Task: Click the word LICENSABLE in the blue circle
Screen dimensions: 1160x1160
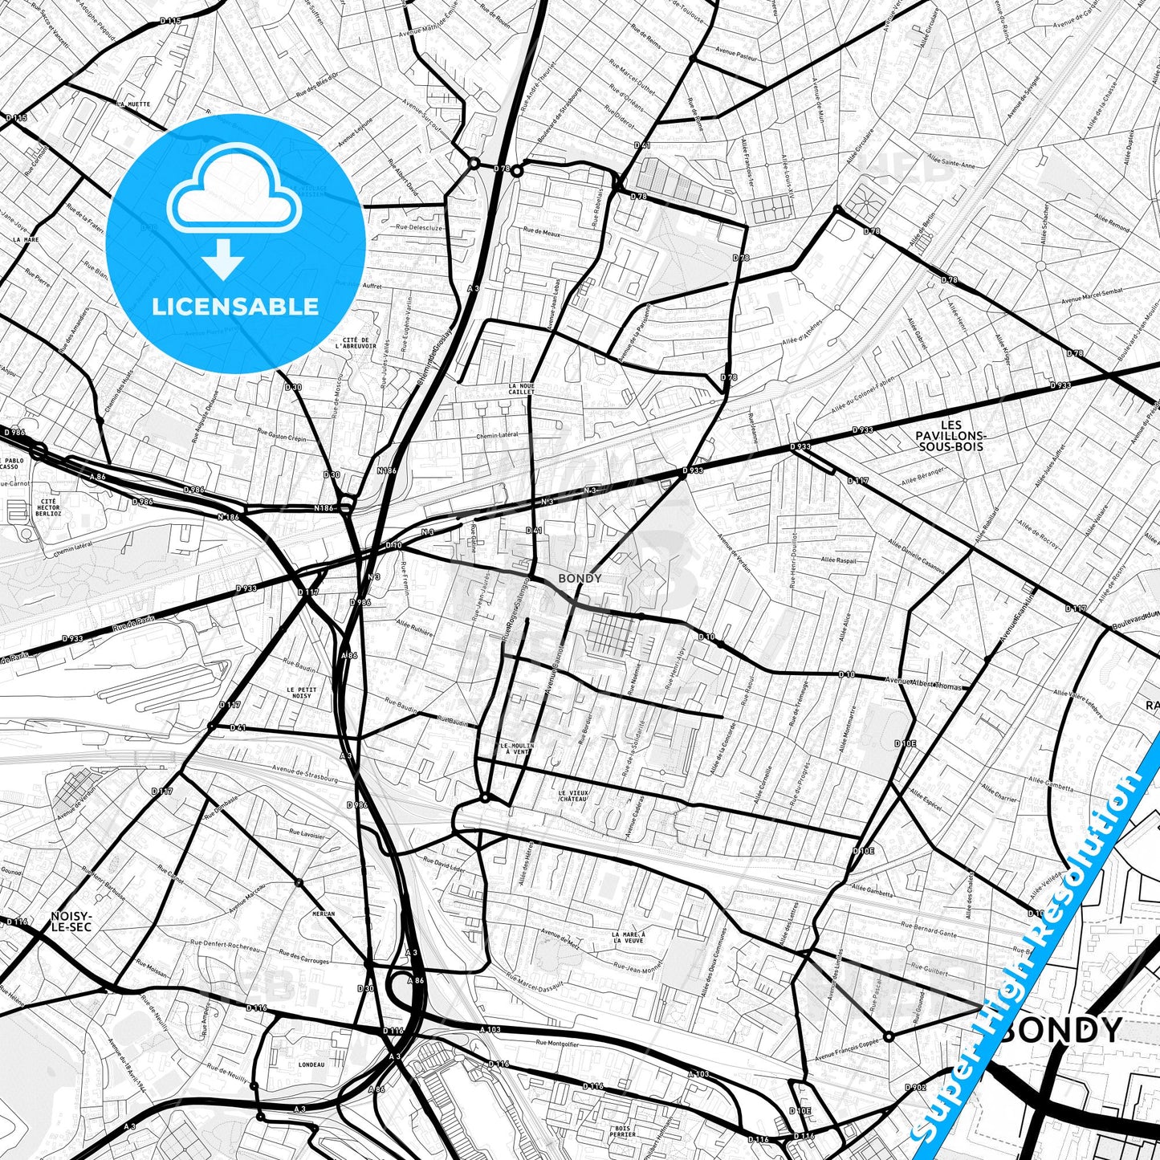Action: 235,307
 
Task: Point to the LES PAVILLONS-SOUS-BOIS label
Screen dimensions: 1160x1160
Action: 951,435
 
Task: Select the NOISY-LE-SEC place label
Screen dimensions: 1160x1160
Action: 71,921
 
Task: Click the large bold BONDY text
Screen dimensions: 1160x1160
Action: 1060,1030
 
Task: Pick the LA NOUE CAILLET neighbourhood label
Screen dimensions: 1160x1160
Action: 522,389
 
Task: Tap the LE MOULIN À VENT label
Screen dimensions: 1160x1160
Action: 517,749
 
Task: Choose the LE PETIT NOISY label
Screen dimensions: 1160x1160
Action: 302,693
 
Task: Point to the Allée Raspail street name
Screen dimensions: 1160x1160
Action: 838,560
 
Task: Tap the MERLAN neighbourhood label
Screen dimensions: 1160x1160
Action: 324,914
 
